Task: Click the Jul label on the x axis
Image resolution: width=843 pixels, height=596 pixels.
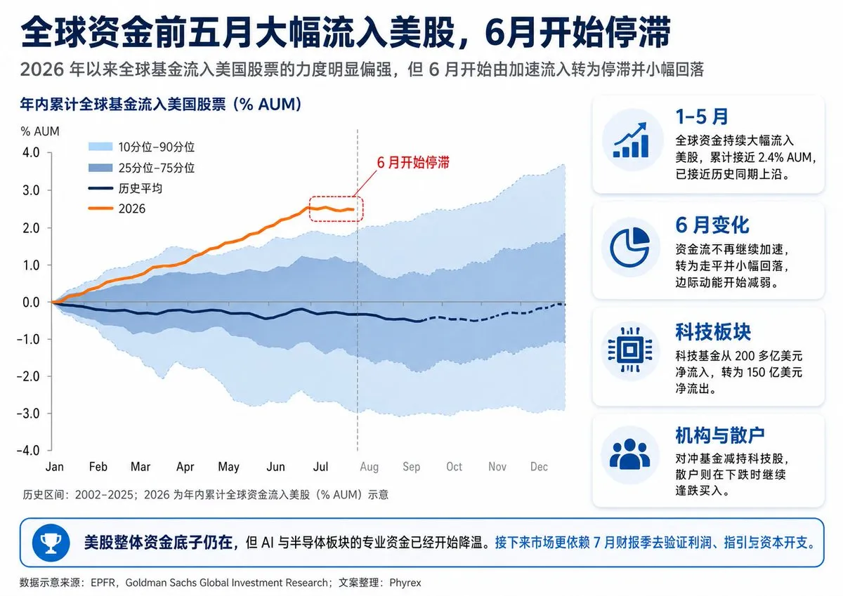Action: pyautogui.click(x=320, y=467)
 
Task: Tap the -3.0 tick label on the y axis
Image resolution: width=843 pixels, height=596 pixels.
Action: pyautogui.click(x=28, y=413)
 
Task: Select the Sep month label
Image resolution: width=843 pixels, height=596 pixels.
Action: pyautogui.click(x=412, y=467)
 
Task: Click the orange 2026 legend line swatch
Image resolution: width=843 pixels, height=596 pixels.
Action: pyautogui.click(x=100, y=208)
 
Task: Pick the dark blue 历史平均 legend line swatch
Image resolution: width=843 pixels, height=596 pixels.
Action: pyautogui.click(x=100, y=188)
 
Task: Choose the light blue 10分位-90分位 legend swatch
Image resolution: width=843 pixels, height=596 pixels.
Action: pyautogui.click(x=100, y=147)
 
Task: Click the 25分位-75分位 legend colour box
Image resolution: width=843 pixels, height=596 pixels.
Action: pyautogui.click(x=100, y=168)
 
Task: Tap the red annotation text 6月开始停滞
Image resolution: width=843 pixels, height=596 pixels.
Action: pyautogui.click(x=413, y=162)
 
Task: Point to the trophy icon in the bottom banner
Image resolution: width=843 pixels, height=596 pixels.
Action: pyautogui.click(x=51, y=543)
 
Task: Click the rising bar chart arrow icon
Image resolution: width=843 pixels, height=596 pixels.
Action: pyautogui.click(x=632, y=140)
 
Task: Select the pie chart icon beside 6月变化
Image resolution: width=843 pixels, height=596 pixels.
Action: pyautogui.click(x=630, y=247)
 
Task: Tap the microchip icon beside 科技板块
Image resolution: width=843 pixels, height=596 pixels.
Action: pyautogui.click(x=630, y=350)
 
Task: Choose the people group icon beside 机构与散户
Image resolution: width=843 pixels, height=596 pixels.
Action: pyautogui.click(x=629, y=454)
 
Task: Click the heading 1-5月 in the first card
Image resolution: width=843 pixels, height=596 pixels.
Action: pyautogui.click(x=702, y=117)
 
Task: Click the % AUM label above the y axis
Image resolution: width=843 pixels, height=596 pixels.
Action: pyautogui.click(x=40, y=131)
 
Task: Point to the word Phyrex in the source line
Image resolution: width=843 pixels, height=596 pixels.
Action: pyautogui.click(x=405, y=583)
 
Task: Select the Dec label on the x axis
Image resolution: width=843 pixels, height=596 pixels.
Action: pyautogui.click(x=539, y=467)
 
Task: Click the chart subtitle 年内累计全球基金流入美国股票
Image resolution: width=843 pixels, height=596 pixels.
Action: pyautogui.click(x=123, y=104)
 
